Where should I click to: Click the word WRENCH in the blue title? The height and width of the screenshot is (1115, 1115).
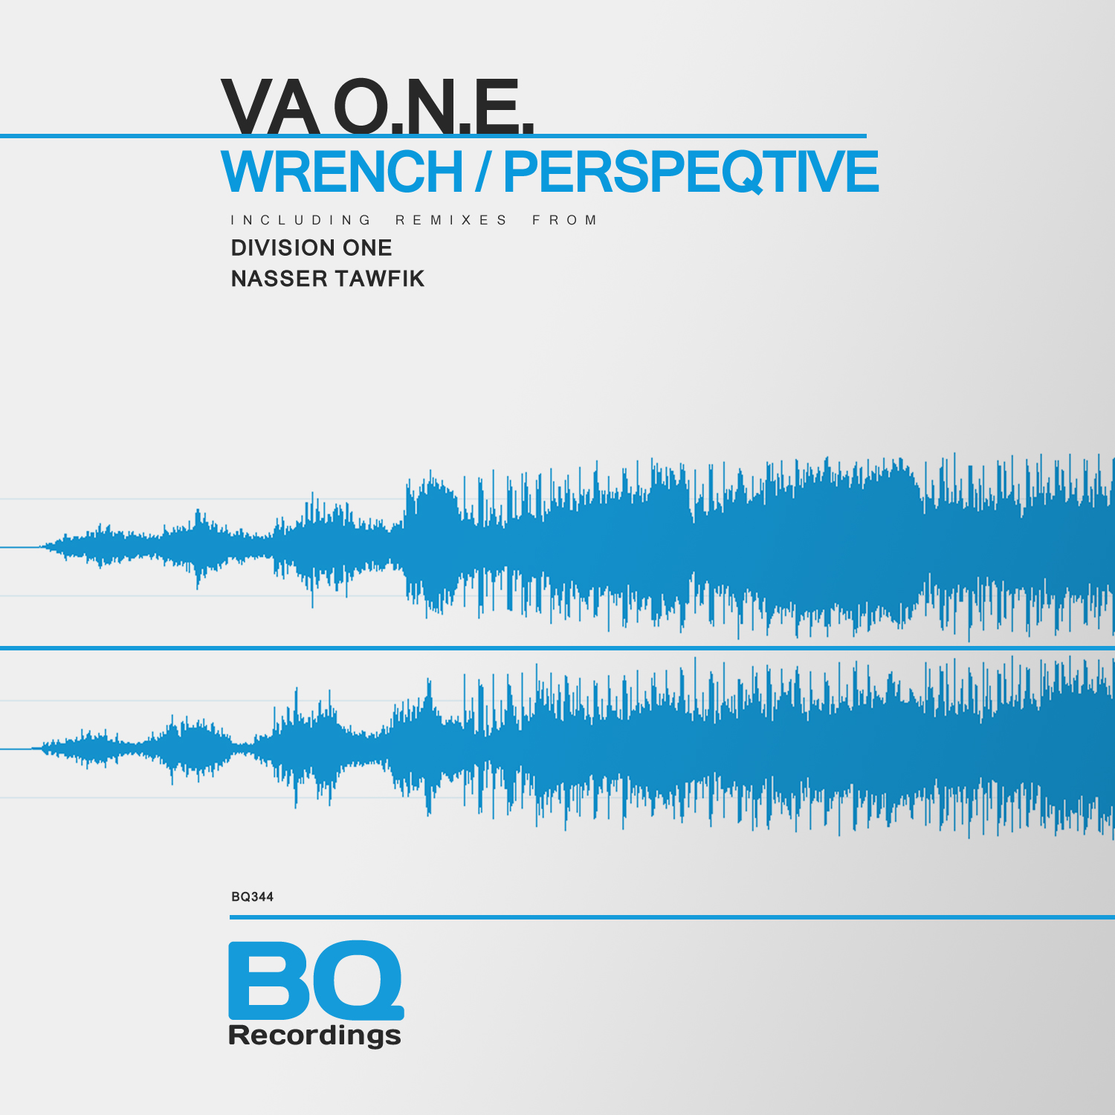(x=343, y=172)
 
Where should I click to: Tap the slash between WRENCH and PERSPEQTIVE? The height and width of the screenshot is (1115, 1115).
(x=483, y=172)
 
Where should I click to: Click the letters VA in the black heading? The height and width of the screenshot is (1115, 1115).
(x=270, y=106)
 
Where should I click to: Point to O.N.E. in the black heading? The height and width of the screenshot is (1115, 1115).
(x=434, y=106)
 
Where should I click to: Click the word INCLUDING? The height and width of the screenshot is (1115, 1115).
(x=301, y=220)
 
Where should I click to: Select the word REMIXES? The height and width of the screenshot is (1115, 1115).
(x=451, y=220)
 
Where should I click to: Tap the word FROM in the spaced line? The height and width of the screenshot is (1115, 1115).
(x=565, y=220)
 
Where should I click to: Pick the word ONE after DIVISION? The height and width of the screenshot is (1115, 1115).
(x=367, y=248)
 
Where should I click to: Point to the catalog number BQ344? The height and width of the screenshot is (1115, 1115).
(x=253, y=897)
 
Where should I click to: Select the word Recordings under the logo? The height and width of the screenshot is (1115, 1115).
(x=315, y=1035)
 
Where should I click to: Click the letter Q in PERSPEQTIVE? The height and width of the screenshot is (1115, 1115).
(x=734, y=172)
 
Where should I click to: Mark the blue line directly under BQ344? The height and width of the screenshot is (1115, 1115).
(x=672, y=917)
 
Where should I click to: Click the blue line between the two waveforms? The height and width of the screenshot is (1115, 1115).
(x=557, y=648)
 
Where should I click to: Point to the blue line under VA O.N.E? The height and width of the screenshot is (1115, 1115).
(x=433, y=136)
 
